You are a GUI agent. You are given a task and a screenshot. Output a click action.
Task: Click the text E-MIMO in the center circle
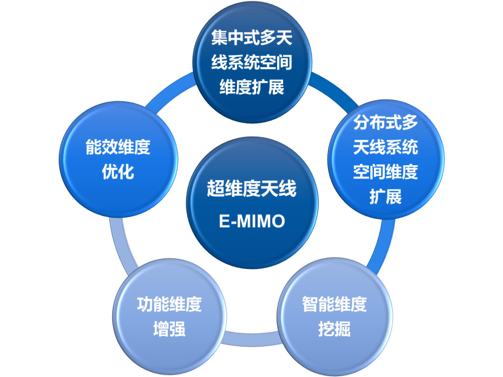[251, 221]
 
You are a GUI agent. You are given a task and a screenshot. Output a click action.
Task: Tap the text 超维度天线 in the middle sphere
[251, 189]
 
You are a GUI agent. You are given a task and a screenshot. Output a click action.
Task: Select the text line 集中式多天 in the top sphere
[251, 38]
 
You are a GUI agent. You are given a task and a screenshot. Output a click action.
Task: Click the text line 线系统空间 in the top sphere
[251, 62]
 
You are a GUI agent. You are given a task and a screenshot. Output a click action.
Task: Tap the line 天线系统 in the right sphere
[385, 148]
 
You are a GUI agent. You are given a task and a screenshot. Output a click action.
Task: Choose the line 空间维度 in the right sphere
[385, 172]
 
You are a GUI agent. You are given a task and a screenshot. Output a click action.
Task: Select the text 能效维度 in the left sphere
[118, 148]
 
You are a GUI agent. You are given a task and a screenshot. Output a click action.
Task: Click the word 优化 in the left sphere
[118, 172]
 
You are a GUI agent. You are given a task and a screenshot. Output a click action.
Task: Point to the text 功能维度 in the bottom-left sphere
[169, 304]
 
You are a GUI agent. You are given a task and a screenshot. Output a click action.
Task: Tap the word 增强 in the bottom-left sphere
[169, 329]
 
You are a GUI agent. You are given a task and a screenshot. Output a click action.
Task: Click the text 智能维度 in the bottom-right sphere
[334, 304]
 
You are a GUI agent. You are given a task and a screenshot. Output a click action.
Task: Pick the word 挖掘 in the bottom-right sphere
[334, 329]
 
